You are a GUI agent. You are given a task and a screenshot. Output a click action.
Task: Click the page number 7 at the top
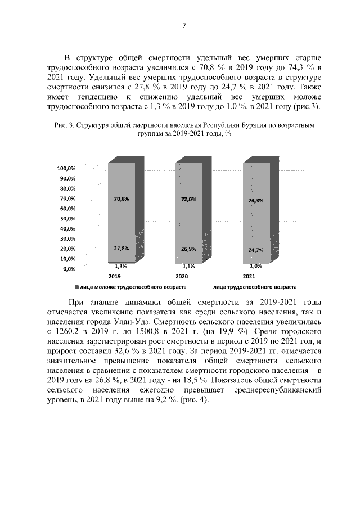pyautogui.click(x=183, y=25)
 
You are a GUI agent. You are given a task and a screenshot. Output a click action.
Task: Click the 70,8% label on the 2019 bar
pyautogui.click(x=121, y=199)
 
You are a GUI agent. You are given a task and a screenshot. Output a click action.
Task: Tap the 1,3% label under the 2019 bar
pyautogui.click(x=120, y=266)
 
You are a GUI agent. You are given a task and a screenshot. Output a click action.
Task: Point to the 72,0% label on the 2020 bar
pyautogui.click(x=188, y=199)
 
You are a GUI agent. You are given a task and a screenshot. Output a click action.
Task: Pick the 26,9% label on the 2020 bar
pyautogui.click(x=188, y=249)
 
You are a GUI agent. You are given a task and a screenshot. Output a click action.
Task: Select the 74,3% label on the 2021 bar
pyautogui.click(x=256, y=200)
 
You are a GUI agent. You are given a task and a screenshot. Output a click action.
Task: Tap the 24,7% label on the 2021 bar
pyautogui.click(x=256, y=249)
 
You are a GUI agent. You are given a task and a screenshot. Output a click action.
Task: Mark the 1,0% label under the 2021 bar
pyautogui.click(x=256, y=266)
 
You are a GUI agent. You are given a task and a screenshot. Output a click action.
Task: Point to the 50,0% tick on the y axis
pyautogui.click(x=68, y=219)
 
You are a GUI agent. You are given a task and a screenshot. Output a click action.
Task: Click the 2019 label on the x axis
pyautogui.click(x=115, y=277)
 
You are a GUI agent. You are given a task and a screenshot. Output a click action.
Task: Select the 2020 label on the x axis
pyautogui.click(x=182, y=277)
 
